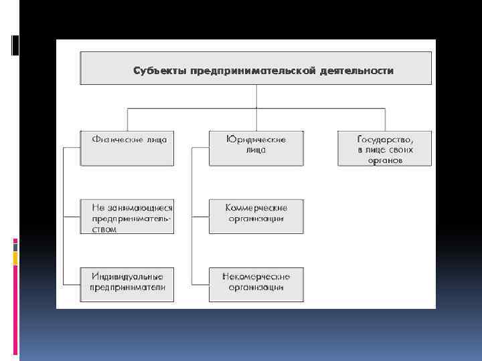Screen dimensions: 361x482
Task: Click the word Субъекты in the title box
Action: pyautogui.click(x=160, y=70)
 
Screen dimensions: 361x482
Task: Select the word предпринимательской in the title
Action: pyautogui.click(x=252, y=70)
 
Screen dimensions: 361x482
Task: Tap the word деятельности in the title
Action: pyautogui.click(x=356, y=70)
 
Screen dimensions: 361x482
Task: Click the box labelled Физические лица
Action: pyautogui.click(x=127, y=148)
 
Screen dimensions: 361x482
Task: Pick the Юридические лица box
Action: pyautogui.click(x=256, y=148)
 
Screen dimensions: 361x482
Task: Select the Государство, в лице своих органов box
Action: pyautogui.click(x=385, y=148)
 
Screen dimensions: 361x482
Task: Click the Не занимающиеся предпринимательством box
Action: pyautogui.click(x=127, y=216)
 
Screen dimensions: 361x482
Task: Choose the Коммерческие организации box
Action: pyautogui.click(x=256, y=216)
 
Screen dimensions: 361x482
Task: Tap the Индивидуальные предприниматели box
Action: pyautogui.click(x=127, y=284)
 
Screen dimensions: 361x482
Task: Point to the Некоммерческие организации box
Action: pyautogui.click(x=256, y=284)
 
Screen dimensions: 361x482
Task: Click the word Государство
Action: pyautogui.click(x=385, y=140)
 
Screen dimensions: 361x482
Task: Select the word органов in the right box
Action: pyautogui.click(x=385, y=161)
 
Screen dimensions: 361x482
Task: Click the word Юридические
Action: pyautogui.click(x=256, y=140)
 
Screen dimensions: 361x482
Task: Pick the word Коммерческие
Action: pyautogui.click(x=256, y=207)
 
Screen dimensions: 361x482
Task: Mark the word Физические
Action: pyautogui.click(x=115, y=140)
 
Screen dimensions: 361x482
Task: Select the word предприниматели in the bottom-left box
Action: pyautogui.click(x=128, y=287)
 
